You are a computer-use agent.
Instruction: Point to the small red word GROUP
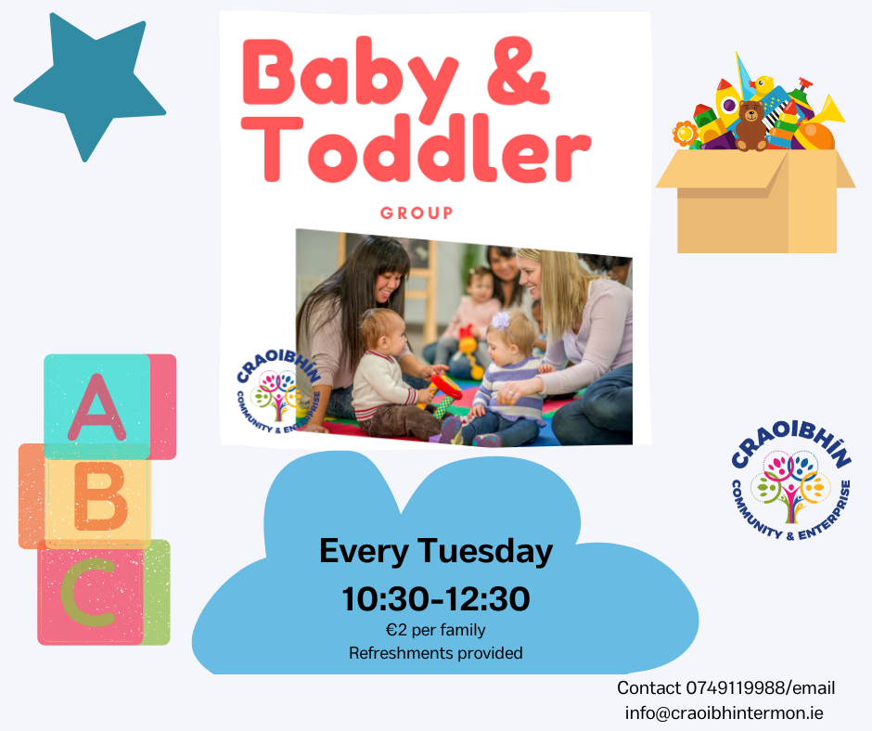coord(417,213)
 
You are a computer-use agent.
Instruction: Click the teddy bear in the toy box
coord(751,126)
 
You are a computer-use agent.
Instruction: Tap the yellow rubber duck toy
coord(762,86)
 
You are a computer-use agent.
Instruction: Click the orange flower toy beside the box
coord(685,134)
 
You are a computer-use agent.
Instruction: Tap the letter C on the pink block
coord(88,593)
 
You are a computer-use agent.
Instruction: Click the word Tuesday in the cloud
coord(485,551)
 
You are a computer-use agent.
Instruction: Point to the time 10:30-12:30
coord(435,599)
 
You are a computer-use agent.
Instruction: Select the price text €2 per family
coord(435,630)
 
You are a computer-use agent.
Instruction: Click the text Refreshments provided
coord(435,652)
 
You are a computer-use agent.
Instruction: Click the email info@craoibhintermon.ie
coord(725,713)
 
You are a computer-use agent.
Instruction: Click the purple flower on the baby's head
coord(501,321)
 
